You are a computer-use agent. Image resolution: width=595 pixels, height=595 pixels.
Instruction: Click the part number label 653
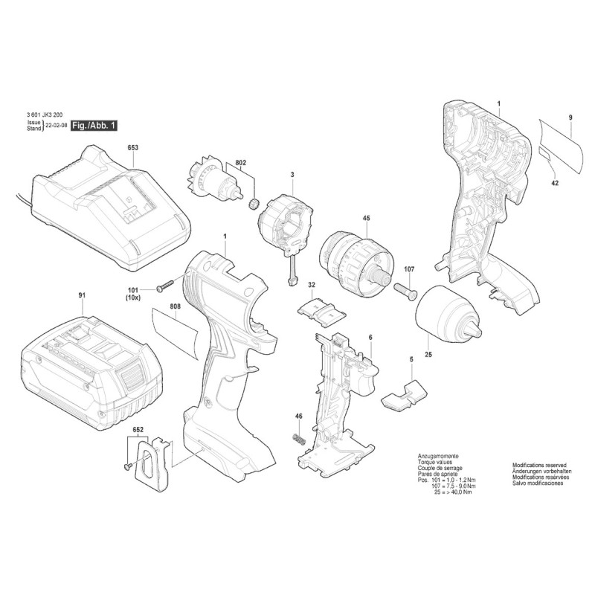pos(133,147)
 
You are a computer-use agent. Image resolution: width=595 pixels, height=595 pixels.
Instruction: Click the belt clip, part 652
pos(151,466)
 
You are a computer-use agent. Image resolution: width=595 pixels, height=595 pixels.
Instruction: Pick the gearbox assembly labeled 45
pos(356,265)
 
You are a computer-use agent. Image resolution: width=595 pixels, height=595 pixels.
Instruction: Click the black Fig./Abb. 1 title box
pos(94,126)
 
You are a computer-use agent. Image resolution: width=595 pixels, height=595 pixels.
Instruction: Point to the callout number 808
pos(176,306)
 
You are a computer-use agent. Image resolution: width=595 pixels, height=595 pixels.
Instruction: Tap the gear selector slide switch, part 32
pos(322,310)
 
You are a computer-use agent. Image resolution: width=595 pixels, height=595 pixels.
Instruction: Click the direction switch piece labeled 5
pos(404,395)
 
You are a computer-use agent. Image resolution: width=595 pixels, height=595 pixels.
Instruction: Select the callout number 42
pos(555,183)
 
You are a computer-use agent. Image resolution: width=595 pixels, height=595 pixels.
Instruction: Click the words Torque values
pos(435,462)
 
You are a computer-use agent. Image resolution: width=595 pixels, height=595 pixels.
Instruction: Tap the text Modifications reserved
pos(539,465)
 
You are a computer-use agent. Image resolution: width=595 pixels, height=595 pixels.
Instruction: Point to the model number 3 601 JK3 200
pos(45,115)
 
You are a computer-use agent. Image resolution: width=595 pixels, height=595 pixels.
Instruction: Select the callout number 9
pos(570,118)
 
